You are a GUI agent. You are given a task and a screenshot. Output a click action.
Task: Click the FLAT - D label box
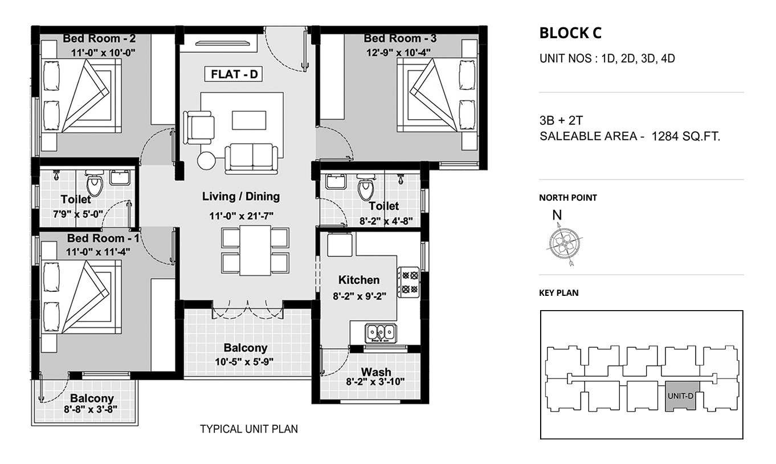pos(234,74)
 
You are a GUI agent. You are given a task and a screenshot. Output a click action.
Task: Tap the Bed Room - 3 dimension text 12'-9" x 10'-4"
pos(398,52)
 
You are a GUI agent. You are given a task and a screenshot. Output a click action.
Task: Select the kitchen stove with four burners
pos(409,282)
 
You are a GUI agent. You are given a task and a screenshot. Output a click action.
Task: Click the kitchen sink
pos(381,333)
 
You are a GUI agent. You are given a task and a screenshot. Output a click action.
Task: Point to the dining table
pos(255,250)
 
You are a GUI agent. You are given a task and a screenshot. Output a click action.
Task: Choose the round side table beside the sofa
pos(206,161)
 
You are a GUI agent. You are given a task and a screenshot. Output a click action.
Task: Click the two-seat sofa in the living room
pos(251,159)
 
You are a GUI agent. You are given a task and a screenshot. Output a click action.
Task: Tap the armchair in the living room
pos(198,127)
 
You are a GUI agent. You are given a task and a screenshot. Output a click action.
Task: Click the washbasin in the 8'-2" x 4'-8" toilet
pos(336,181)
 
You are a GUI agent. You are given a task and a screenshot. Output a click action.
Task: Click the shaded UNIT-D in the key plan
pos(680,397)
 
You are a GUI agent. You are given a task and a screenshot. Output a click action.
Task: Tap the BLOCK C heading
pos(570,33)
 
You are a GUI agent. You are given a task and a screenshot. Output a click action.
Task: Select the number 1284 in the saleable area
pos(665,137)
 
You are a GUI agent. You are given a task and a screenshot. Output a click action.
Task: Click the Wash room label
pos(376,372)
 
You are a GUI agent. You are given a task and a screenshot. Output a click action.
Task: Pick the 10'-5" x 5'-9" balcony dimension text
pos(244,362)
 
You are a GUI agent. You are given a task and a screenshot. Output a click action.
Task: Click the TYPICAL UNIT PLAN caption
pos(249,429)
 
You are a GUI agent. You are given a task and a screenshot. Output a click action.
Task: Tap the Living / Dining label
pos(241,197)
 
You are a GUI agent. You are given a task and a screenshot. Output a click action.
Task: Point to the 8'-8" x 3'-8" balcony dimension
pos(91,409)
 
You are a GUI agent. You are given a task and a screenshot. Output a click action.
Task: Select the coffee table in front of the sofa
pos(249,120)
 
